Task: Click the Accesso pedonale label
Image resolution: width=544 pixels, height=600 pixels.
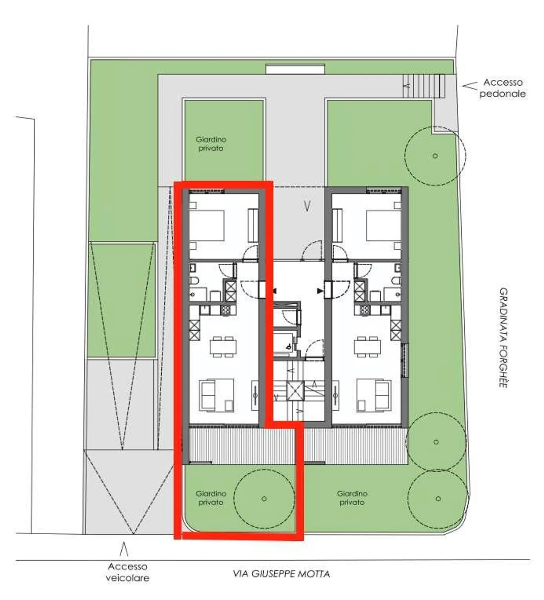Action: [502, 88]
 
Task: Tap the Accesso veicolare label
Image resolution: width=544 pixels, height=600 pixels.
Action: [127, 572]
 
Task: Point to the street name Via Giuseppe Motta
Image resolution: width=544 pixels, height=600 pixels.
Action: [281, 574]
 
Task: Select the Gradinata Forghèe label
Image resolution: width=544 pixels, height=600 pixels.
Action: [503, 338]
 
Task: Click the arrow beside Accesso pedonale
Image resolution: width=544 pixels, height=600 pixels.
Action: [470, 86]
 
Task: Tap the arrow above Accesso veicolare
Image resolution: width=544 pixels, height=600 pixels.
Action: [124, 549]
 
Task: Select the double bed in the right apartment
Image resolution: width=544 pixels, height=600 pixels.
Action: [383, 225]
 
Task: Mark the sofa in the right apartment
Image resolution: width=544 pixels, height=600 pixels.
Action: [382, 396]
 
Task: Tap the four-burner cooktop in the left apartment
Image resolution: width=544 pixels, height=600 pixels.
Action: [226, 310]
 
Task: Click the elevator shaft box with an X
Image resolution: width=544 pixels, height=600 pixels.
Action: [295, 391]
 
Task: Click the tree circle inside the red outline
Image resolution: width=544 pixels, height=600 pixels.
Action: [264, 499]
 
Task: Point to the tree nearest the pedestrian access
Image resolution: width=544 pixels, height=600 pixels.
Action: [435, 155]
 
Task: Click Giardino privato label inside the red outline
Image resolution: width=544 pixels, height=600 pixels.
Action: [211, 498]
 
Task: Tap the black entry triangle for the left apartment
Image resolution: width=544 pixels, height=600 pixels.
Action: [275, 291]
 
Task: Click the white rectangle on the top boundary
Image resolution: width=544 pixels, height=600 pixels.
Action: [295, 69]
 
